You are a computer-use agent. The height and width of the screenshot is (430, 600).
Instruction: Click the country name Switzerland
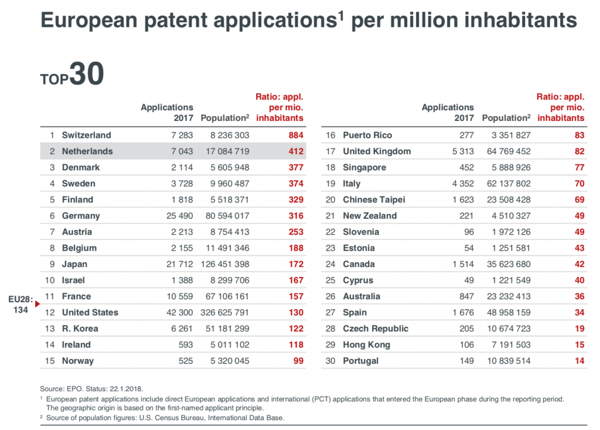(x=86, y=135)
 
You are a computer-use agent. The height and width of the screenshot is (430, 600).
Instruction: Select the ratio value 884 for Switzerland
(x=296, y=135)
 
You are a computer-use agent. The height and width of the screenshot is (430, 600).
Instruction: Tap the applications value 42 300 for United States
(x=177, y=312)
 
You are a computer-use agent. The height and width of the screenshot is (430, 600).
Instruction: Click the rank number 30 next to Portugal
(x=330, y=361)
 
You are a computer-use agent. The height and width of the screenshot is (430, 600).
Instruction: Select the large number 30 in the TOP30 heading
(x=87, y=74)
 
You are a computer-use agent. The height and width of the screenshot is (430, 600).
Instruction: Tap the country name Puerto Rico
(x=367, y=135)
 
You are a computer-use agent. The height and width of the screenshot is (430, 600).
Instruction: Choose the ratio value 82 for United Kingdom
(x=579, y=151)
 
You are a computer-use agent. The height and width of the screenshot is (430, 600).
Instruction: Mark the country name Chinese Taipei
(x=374, y=199)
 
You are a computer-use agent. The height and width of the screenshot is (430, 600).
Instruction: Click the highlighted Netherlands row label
(x=87, y=151)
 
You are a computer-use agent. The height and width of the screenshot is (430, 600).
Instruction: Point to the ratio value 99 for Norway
(x=298, y=361)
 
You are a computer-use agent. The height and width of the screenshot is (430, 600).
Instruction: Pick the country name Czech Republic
(x=376, y=329)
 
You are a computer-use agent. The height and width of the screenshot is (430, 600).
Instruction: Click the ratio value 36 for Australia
(x=579, y=296)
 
